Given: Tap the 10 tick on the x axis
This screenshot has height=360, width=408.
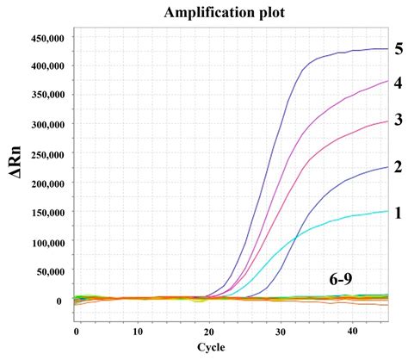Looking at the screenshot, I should [138, 331].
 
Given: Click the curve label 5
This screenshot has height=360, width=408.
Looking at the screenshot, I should [399, 48].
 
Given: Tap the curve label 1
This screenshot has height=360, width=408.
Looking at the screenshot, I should [399, 211].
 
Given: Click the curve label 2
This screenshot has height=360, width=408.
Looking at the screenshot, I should [399, 166].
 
